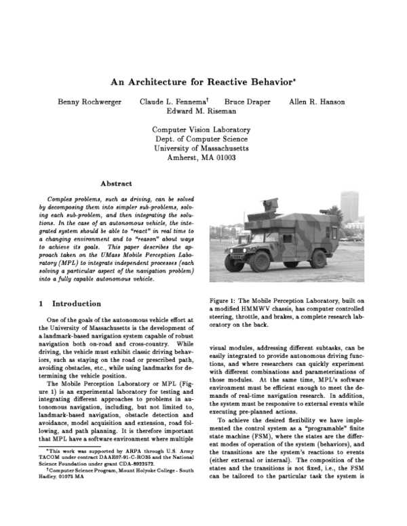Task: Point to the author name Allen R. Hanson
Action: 317,102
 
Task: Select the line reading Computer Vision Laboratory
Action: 201,129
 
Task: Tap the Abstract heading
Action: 116,183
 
